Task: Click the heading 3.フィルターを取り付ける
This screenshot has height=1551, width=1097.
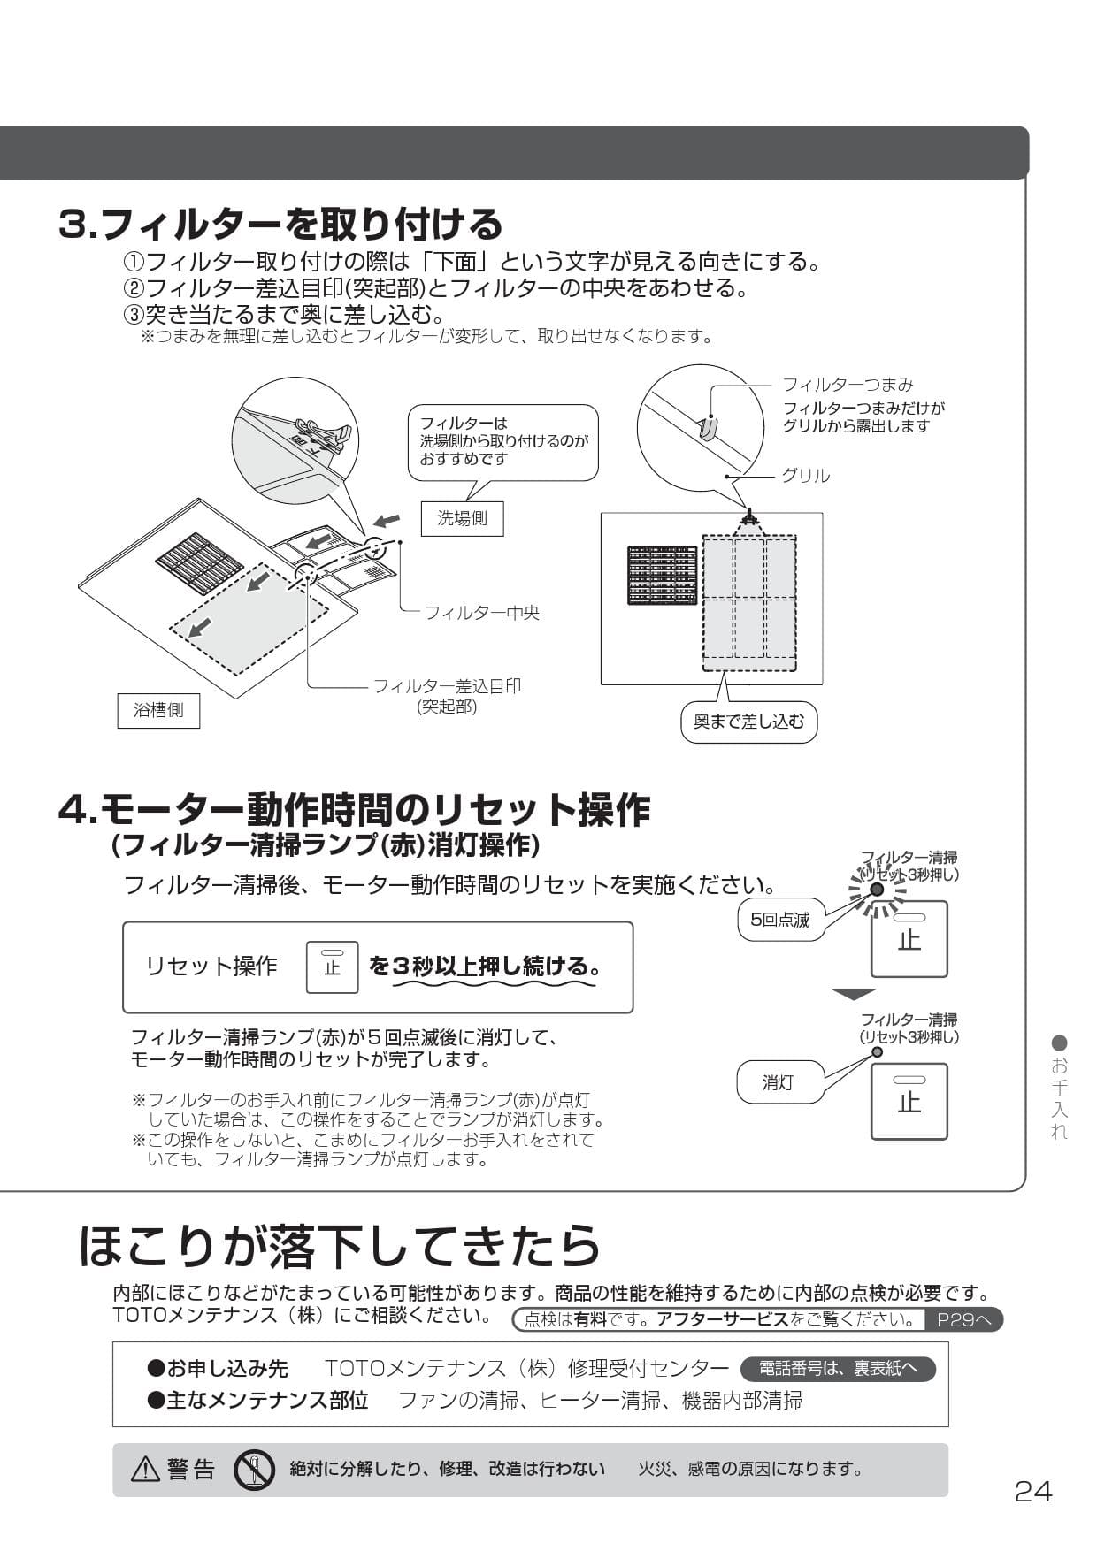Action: tap(280, 224)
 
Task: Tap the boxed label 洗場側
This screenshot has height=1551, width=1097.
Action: tap(462, 518)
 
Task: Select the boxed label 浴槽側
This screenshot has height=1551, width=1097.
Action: tap(158, 710)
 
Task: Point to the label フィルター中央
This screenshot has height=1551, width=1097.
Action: tap(481, 612)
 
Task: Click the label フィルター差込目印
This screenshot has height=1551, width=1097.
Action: tap(447, 686)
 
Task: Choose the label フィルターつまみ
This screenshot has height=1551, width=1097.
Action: tap(848, 385)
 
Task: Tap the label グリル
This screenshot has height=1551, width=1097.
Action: tap(805, 476)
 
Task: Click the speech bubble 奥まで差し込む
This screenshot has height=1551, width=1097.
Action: tap(748, 722)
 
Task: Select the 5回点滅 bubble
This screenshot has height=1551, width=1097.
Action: tap(779, 920)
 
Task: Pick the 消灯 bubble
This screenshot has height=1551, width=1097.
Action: tap(779, 1082)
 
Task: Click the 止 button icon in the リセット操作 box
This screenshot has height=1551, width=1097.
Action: tap(332, 967)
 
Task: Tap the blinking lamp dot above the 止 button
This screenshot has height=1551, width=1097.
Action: tap(877, 890)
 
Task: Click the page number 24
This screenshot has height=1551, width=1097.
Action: tap(1033, 1492)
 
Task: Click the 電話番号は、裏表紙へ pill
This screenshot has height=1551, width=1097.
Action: tap(838, 1368)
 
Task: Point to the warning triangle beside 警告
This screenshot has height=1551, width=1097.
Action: tap(145, 1470)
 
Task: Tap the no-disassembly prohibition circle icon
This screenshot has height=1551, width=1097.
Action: tap(254, 1470)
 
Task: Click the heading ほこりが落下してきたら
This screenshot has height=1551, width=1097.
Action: tap(340, 1245)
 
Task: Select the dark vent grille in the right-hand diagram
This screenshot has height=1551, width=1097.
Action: tap(662, 575)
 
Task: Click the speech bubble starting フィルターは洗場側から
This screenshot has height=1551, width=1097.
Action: tap(502, 441)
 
